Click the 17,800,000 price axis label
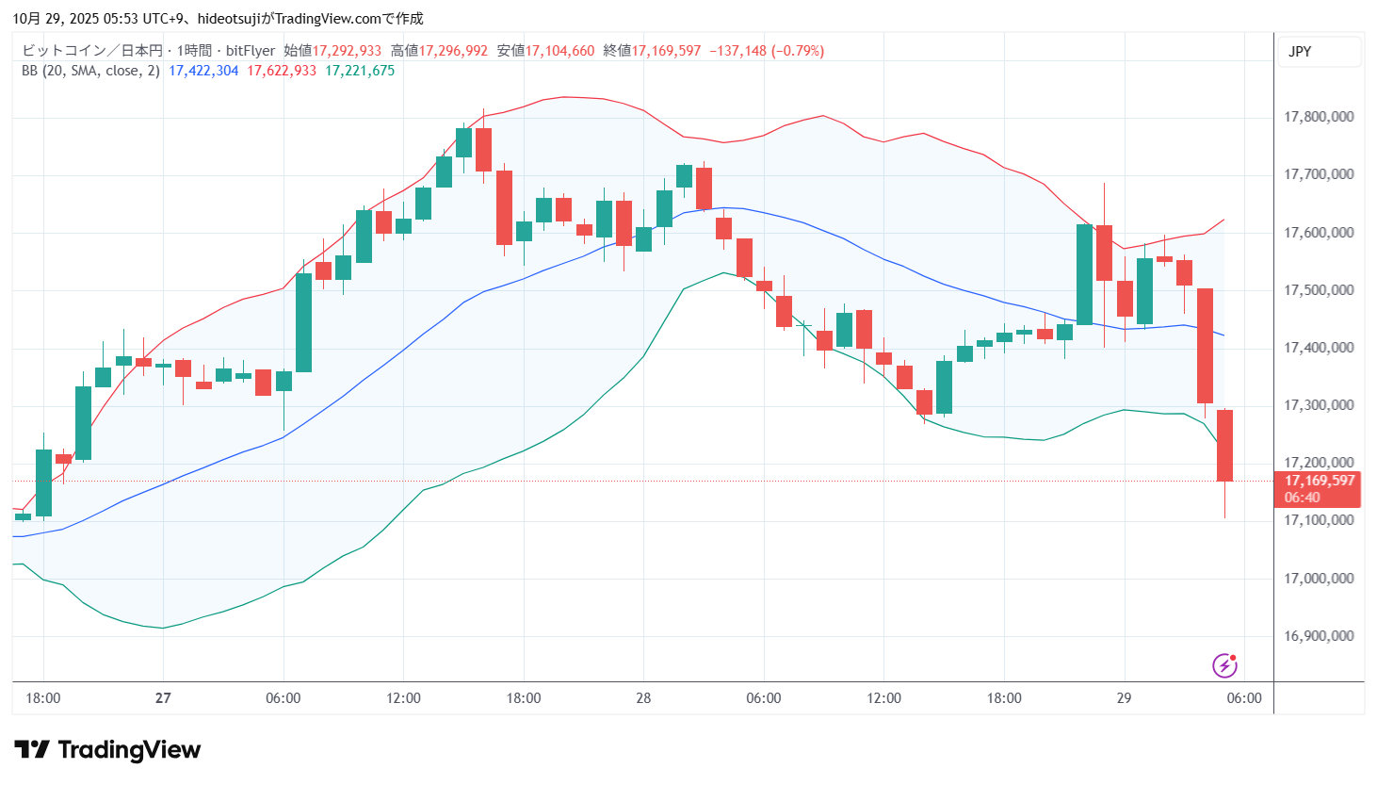pyautogui.click(x=1319, y=117)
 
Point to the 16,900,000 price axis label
pyautogui.click(x=1319, y=636)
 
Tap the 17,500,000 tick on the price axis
pyautogui.click(x=1319, y=290)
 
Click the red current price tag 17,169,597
pyautogui.click(x=1320, y=481)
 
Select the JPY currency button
pyautogui.click(x=1300, y=52)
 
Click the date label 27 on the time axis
pyautogui.click(x=163, y=698)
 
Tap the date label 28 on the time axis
pyautogui.click(x=643, y=698)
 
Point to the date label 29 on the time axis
pyautogui.click(x=1124, y=698)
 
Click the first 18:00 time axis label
pyautogui.click(x=43, y=698)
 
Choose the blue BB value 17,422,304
pyautogui.click(x=203, y=71)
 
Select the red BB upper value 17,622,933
pyautogui.click(x=282, y=71)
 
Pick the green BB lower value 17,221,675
pyautogui.click(x=360, y=71)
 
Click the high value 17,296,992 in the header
pyautogui.click(x=453, y=51)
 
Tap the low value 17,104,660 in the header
pyautogui.click(x=559, y=51)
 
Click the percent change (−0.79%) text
pyautogui.click(x=798, y=51)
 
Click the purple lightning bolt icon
pyautogui.click(x=1224, y=665)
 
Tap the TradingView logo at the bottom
pyautogui.click(x=107, y=750)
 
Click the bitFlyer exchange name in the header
pyautogui.click(x=251, y=51)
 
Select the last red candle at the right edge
pyautogui.click(x=1224, y=445)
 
